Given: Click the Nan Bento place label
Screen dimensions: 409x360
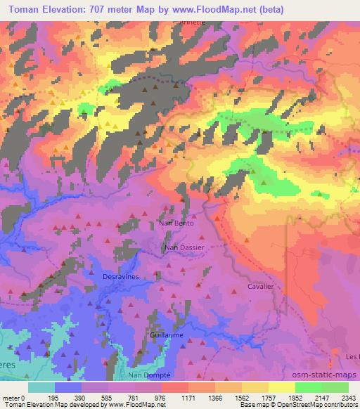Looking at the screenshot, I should (175, 223).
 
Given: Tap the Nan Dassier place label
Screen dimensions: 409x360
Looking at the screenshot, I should (184, 247).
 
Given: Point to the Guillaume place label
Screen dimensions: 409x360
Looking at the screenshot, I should (167, 335).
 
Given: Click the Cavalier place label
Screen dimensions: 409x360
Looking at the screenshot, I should (259, 287).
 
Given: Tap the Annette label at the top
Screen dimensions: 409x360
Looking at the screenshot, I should (192, 22).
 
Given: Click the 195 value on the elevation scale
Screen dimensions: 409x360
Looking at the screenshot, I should (53, 398).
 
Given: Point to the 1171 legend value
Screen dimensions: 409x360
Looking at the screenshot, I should (189, 398).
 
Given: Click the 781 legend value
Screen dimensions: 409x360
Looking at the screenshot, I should (134, 398).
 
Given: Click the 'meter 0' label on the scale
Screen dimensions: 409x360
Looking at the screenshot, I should (14, 398).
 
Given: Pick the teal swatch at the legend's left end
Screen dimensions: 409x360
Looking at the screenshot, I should (41, 387).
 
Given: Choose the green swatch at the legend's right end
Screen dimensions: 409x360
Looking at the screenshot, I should (335, 387).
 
